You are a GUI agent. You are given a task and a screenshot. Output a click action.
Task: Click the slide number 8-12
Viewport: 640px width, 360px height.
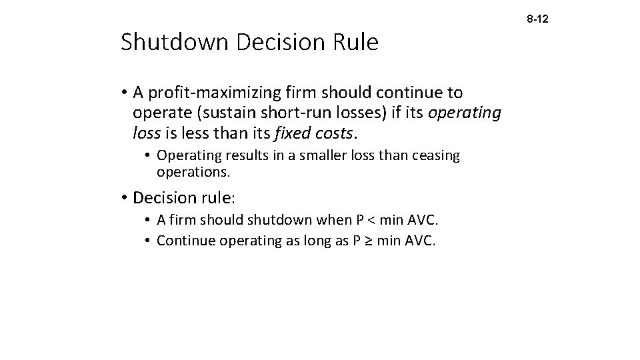(x=537, y=21)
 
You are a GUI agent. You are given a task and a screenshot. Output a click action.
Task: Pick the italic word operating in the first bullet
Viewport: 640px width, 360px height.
(x=464, y=113)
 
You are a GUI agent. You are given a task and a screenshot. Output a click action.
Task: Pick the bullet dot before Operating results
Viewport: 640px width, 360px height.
(x=148, y=156)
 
